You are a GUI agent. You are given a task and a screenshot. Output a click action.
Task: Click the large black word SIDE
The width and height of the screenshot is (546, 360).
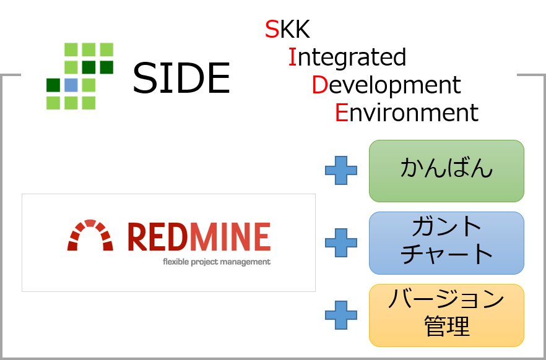coord(181,77)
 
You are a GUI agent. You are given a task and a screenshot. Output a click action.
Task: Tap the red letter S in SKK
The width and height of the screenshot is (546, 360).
coord(272,29)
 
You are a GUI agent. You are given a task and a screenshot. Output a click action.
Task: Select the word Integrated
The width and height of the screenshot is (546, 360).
coord(347,58)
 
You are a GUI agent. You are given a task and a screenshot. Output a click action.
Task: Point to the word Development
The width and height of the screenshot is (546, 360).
coord(386,85)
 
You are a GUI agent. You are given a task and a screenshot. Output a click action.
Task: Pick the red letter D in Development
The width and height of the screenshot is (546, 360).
coord(320,85)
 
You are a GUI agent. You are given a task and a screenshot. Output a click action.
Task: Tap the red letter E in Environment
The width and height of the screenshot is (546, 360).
coord(342,113)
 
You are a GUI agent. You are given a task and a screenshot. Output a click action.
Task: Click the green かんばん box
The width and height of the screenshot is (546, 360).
coord(446,171)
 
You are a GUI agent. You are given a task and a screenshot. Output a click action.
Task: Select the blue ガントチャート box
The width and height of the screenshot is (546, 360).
coord(446,242)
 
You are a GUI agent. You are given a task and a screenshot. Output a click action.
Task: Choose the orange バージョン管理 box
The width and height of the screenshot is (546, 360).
coord(446,315)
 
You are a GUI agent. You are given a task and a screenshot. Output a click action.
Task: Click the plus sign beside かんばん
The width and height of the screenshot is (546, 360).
coord(341,171)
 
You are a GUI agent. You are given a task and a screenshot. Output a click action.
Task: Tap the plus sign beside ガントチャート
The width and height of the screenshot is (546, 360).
coord(341,242)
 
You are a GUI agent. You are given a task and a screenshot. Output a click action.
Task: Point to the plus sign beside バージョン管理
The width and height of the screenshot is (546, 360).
coord(341,315)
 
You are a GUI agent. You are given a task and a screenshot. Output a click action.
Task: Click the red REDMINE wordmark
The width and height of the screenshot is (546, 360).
coord(199,237)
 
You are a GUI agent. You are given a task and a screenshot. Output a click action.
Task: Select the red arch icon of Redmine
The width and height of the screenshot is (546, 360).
coord(90,235)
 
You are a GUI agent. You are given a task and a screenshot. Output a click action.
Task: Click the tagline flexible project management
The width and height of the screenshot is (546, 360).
coord(217,262)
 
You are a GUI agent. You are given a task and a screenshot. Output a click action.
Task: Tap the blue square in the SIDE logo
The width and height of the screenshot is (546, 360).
coord(71,85)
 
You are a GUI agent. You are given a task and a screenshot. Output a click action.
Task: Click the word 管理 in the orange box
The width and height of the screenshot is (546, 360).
coord(447,326)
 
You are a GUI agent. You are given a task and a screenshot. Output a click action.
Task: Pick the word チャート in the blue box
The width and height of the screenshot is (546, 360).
coord(447,254)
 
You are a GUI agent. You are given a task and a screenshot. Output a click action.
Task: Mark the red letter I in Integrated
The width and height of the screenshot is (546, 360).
coord(292,58)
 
